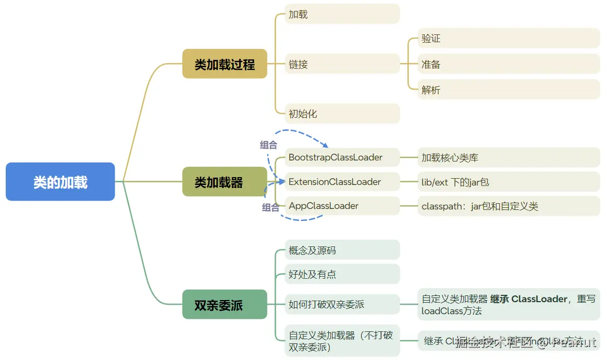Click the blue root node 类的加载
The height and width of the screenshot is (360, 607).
pos(60,182)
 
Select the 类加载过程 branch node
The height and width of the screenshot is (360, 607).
pos(225,64)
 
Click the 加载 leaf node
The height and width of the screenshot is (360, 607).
pos(342,14)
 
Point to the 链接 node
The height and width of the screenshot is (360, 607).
pos(342,64)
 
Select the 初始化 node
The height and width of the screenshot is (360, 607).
pos(342,114)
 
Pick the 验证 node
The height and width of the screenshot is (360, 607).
pos(509,39)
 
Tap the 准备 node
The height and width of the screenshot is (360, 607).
pos(509,64)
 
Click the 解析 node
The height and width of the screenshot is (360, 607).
pos(509,90)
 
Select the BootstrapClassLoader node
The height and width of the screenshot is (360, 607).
pos(342,157)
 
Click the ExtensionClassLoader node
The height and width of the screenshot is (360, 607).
pos(342,182)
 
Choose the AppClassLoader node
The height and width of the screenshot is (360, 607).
pos(342,206)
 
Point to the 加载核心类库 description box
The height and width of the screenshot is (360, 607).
pos(509,157)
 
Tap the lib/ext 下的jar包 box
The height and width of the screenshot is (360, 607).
pos(509,182)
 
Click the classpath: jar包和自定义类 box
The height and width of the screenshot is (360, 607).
pos(509,206)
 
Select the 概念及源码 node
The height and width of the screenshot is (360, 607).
pos(342,250)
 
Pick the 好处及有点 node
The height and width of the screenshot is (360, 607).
pos(342,274)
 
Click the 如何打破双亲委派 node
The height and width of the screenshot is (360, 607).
pos(342,305)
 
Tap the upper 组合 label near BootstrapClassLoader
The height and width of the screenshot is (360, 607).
pos(268,145)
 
